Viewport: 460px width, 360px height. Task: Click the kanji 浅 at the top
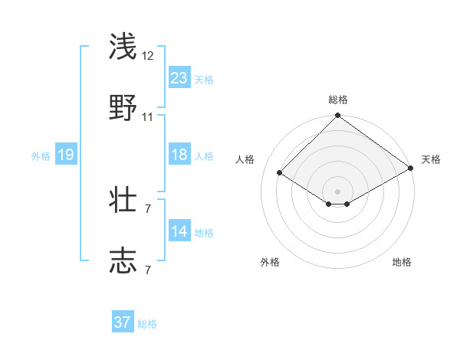pyautogui.click(x=123, y=46)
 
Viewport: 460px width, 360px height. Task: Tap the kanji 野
pyautogui.click(x=123, y=107)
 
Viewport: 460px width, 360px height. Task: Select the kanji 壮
pyautogui.click(x=123, y=199)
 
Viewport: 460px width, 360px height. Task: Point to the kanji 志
pyautogui.click(x=123, y=260)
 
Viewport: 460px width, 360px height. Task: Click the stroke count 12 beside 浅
pyautogui.click(x=148, y=56)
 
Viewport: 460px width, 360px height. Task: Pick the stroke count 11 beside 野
pyautogui.click(x=148, y=117)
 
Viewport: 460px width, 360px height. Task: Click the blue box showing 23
pyautogui.click(x=179, y=78)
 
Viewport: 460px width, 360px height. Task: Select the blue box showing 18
pyautogui.click(x=179, y=155)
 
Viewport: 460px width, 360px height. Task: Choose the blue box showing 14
pyautogui.click(x=179, y=231)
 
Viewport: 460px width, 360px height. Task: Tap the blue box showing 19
pyautogui.click(x=66, y=155)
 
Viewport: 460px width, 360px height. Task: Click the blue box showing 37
pyautogui.click(x=123, y=322)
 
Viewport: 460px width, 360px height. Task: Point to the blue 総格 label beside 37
pyautogui.click(x=148, y=324)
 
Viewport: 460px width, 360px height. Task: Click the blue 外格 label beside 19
pyautogui.click(x=41, y=156)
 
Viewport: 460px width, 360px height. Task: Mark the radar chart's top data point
pyautogui.click(x=338, y=116)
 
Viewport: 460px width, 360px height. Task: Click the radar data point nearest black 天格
pyautogui.click(x=411, y=169)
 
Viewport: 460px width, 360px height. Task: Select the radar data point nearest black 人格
pyautogui.click(x=280, y=172)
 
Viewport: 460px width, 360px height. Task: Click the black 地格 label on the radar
pyautogui.click(x=402, y=262)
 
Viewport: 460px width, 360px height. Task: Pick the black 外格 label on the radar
pyautogui.click(x=270, y=262)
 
